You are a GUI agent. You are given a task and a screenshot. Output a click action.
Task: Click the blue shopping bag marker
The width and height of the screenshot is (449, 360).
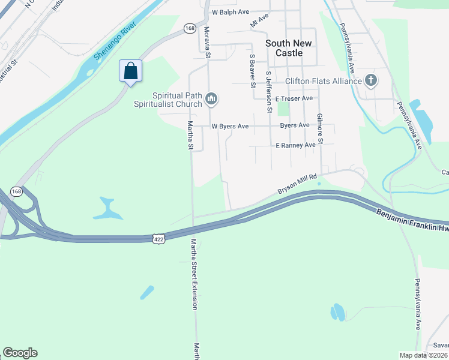(x=130, y=71)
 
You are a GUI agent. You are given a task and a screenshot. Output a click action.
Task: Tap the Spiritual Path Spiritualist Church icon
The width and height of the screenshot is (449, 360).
(x=211, y=98)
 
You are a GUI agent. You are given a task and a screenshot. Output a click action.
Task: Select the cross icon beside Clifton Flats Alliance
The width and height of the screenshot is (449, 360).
(x=371, y=81)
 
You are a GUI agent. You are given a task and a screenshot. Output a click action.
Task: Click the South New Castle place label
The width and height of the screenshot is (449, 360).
(x=289, y=48)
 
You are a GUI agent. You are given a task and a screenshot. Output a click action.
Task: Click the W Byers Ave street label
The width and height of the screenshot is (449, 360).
(x=230, y=127)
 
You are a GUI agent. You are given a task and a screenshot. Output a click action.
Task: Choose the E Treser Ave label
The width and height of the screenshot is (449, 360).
(x=294, y=98)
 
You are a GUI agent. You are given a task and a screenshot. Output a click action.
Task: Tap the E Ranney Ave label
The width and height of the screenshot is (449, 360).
(x=295, y=145)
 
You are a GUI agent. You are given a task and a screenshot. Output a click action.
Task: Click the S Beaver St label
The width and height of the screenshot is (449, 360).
(x=252, y=70)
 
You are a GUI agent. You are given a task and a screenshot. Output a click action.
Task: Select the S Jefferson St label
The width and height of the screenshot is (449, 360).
(x=269, y=92)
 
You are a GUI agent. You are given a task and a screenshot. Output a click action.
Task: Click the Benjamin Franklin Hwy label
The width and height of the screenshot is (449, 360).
(x=412, y=220)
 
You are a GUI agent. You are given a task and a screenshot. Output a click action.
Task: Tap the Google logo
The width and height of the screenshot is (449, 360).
(x=20, y=353)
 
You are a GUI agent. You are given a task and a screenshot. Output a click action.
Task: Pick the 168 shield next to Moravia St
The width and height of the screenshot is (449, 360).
(x=190, y=28)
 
